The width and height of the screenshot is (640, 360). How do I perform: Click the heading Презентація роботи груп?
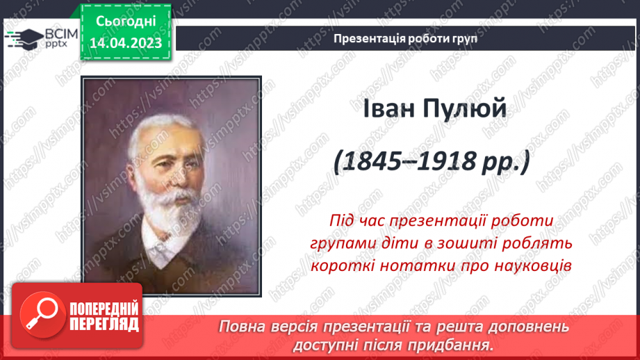pos(405,39)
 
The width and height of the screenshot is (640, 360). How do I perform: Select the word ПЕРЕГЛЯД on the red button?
pos(104,323)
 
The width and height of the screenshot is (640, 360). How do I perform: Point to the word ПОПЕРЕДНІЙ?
pos(104,309)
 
